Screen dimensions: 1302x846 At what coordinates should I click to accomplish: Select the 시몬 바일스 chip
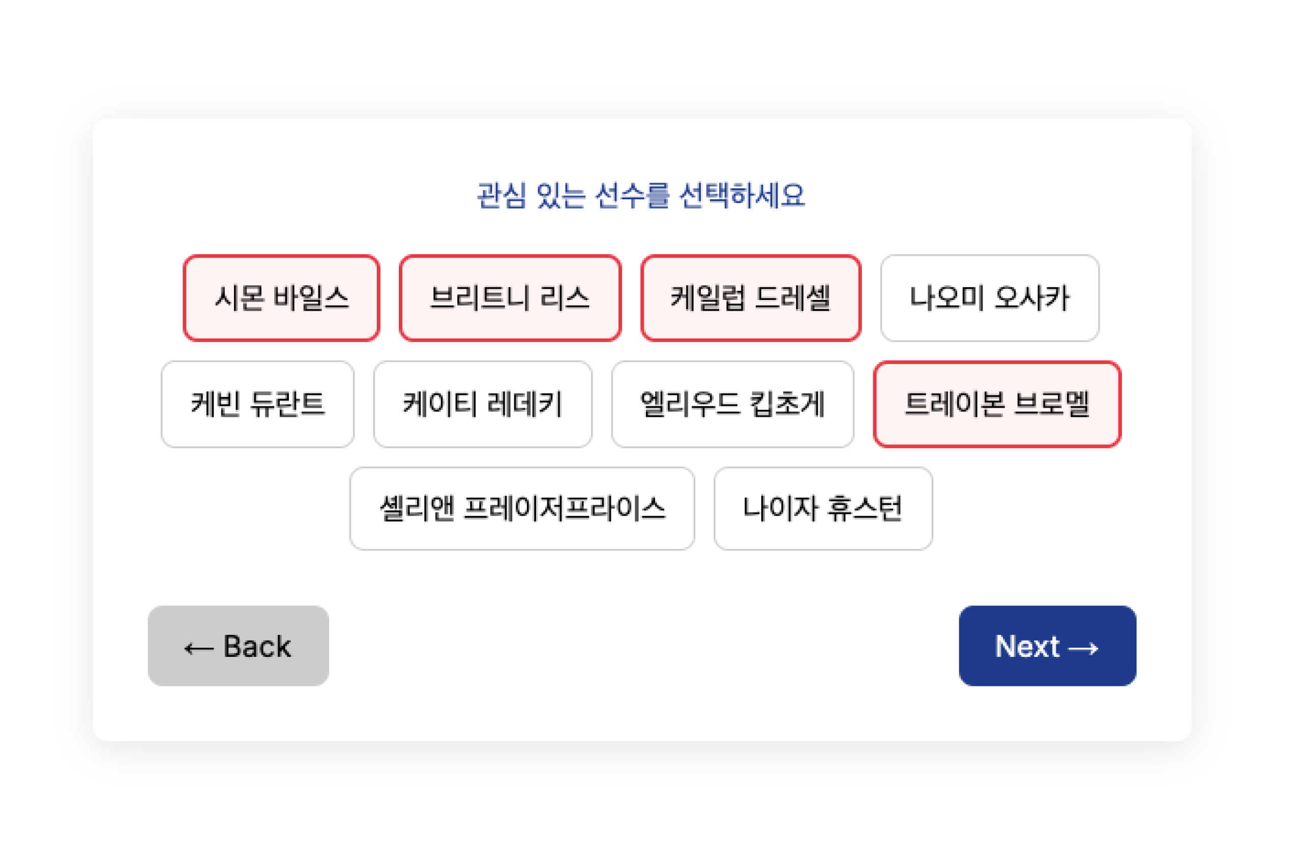click(281, 298)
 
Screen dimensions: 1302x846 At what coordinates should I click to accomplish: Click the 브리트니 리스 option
click(510, 298)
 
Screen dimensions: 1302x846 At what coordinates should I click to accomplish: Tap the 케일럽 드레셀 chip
click(751, 298)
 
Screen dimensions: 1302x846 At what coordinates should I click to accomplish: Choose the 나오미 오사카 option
click(989, 298)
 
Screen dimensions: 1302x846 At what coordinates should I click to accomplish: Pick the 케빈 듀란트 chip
click(258, 404)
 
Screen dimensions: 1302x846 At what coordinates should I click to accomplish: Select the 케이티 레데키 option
click(483, 404)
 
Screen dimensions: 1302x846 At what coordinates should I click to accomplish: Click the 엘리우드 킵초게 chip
click(732, 404)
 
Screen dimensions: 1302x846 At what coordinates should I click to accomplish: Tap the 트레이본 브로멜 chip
click(997, 404)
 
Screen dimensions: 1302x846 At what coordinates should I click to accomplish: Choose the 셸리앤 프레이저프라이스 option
click(522, 508)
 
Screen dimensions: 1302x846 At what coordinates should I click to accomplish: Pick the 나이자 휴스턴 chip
click(823, 508)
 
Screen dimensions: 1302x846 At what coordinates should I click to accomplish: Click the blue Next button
click(1047, 646)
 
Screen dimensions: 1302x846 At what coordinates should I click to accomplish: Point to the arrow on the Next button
click(1083, 649)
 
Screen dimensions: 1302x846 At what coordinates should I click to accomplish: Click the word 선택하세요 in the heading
click(742, 195)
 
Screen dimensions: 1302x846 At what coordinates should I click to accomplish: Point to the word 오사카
click(1032, 298)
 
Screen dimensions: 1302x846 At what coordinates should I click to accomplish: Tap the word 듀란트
click(288, 404)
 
